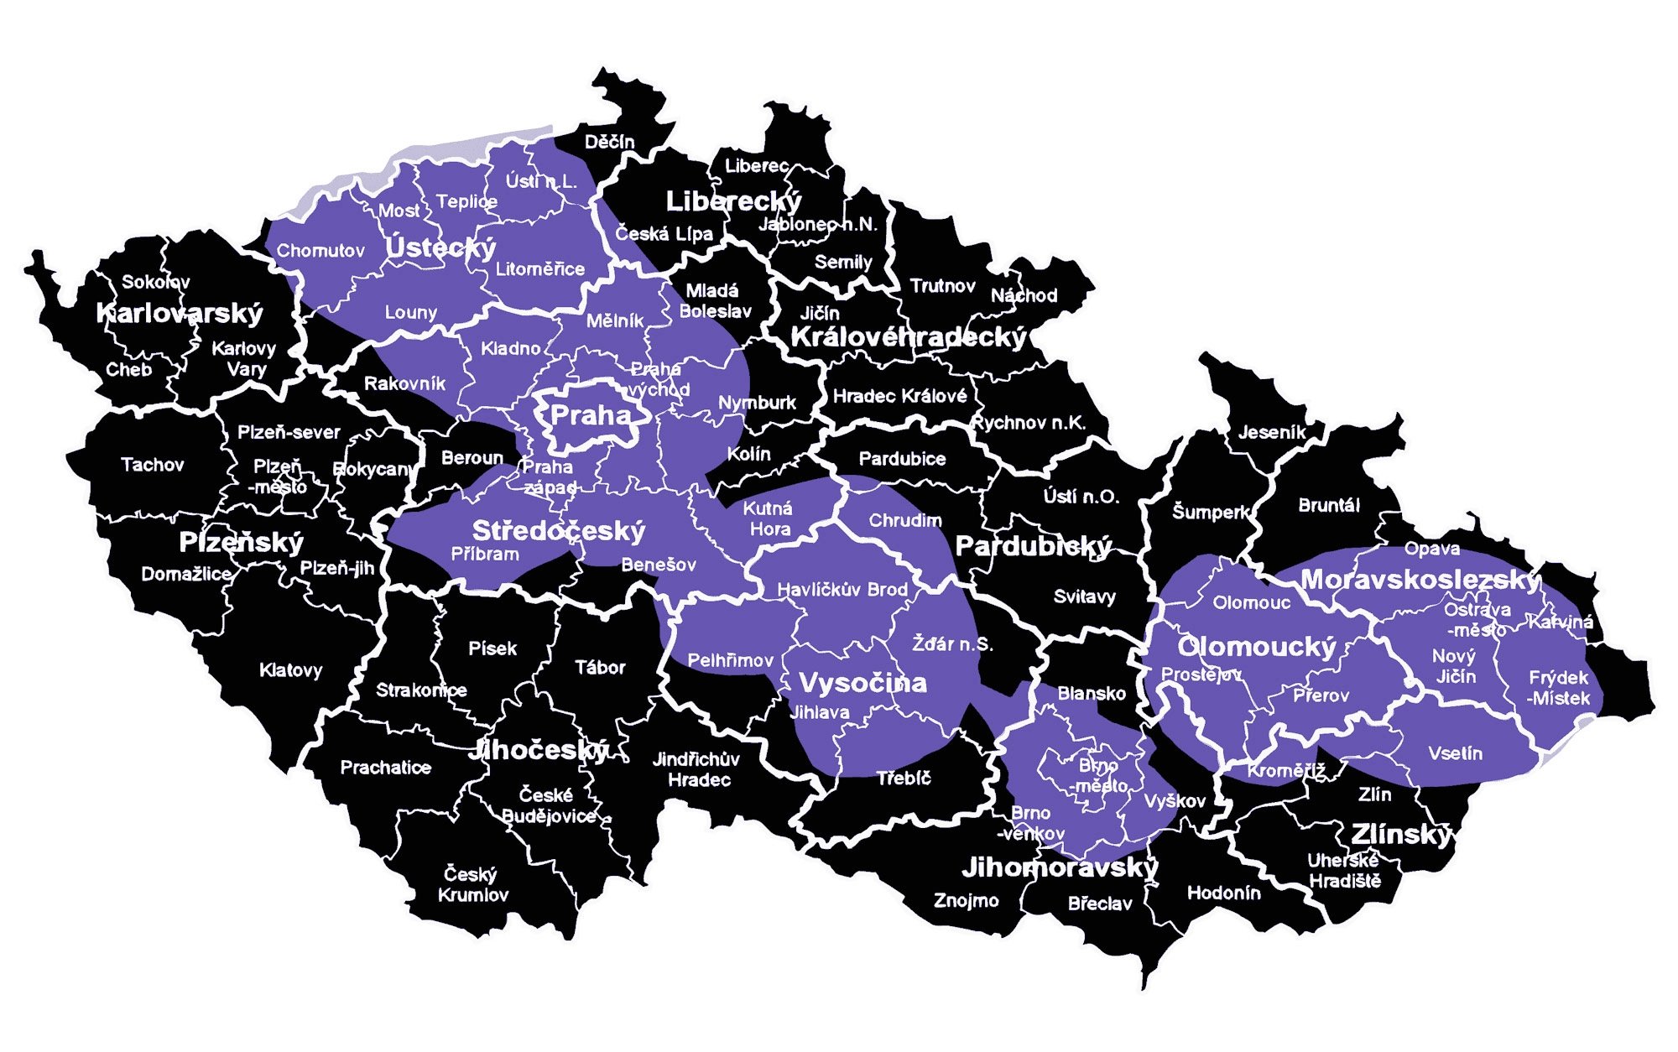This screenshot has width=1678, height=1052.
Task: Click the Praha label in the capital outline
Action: click(591, 414)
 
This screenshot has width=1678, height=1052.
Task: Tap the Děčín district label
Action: click(610, 142)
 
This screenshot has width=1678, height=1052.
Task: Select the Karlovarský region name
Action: click(180, 314)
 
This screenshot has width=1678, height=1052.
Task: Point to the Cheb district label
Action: click(129, 369)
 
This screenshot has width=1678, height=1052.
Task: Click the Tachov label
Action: click(152, 465)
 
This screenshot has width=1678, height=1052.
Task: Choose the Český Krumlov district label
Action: click(473, 884)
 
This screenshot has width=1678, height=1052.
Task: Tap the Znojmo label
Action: click(967, 901)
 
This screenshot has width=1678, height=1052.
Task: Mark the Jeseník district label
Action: click(1272, 433)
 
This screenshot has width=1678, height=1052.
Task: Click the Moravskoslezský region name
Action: click(1420, 580)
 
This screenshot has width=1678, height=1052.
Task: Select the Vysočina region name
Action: click(862, 683)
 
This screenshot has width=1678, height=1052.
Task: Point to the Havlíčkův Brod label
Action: click(842, 590)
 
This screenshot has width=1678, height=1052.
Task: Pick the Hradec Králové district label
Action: click(899, 396)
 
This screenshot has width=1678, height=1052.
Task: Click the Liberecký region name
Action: click(733, 201)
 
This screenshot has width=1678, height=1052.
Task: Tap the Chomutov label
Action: click(320, 251)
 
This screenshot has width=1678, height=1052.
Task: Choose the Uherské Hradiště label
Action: click(1344, 871)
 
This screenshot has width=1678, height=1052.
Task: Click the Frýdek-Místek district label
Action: click(1559, 687)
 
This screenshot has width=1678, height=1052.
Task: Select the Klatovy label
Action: click(290, 670)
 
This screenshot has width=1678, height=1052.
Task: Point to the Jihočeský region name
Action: click(539, 749)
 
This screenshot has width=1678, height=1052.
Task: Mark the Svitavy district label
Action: click(1085, 597)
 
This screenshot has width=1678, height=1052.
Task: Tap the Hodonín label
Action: click(1223, 893)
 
